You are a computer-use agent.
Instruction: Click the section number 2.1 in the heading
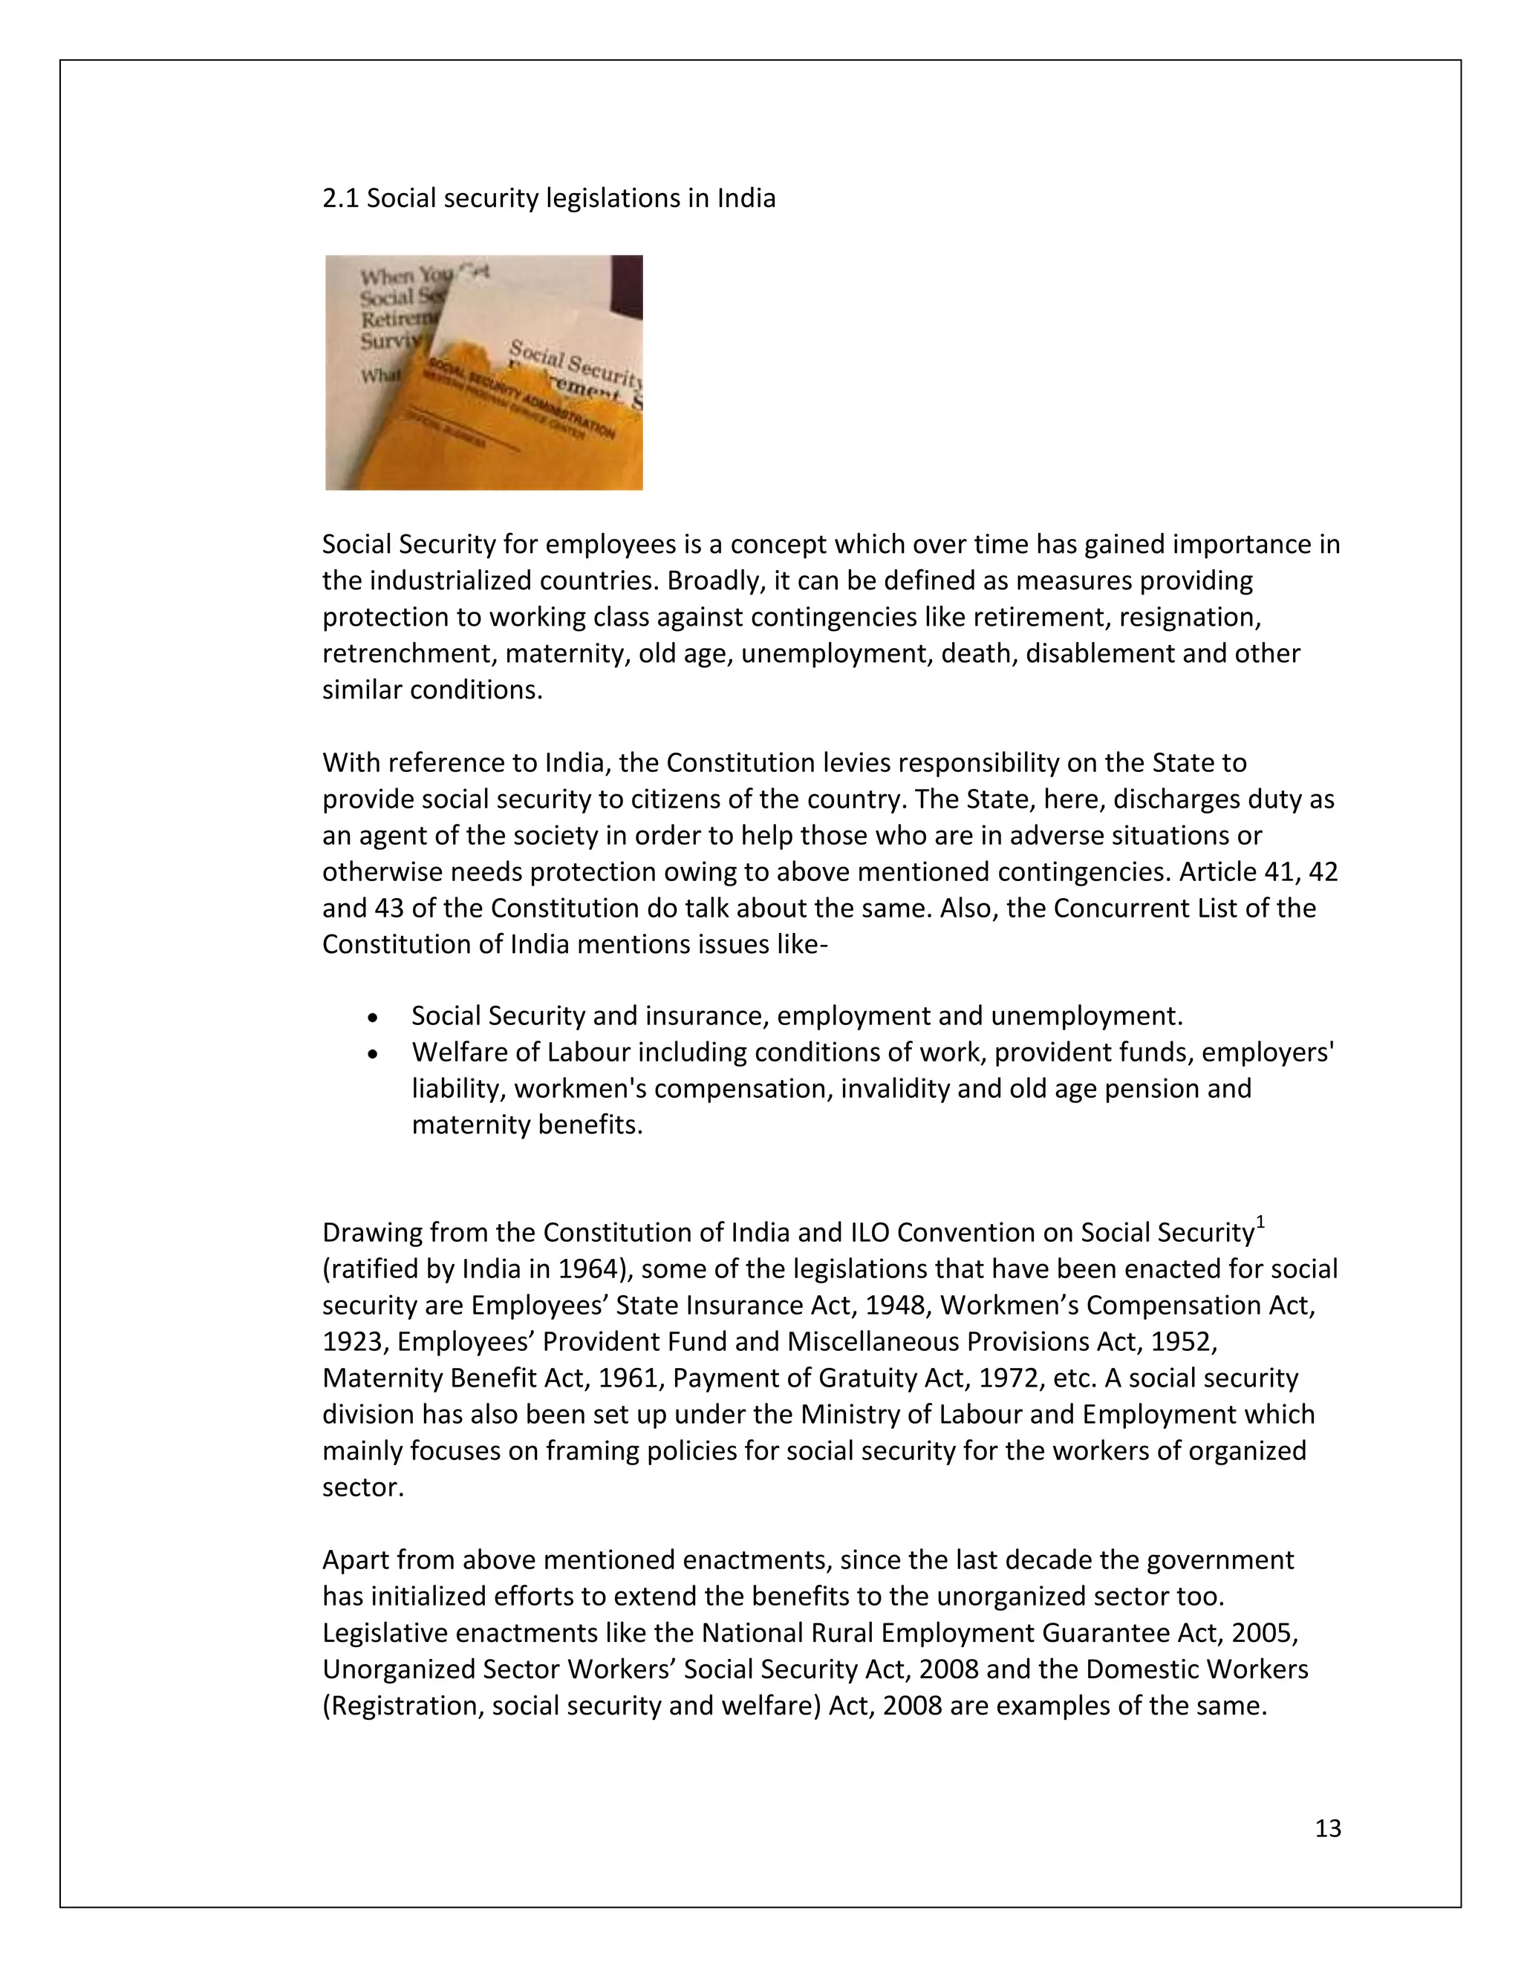pos(341,198)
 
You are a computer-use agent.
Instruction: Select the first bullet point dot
pos(373,1018)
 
